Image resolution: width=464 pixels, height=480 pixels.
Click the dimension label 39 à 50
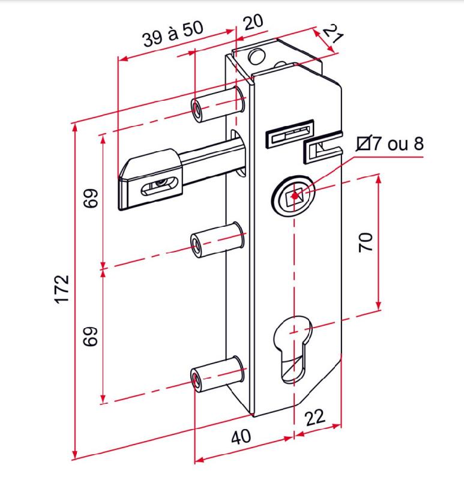pos(173,35)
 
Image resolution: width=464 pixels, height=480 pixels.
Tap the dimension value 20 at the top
pos(253,22)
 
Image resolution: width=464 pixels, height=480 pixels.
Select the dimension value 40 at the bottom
pos(241,436)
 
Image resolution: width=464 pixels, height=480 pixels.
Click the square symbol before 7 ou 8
pos(363,144)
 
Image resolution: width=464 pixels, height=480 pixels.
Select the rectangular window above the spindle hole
pos(289,135)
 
